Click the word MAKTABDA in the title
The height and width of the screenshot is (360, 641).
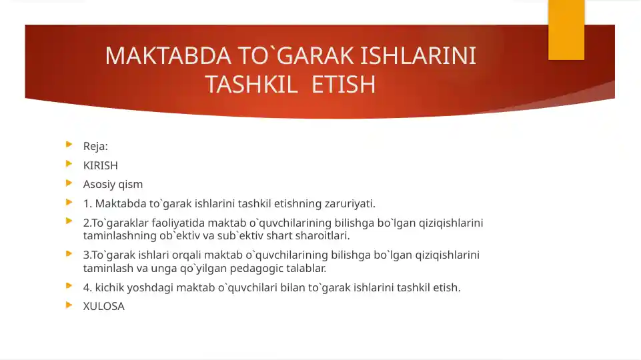(168, 55)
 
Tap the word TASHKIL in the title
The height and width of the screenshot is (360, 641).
(251, 84)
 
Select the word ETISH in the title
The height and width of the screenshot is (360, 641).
(344, 84)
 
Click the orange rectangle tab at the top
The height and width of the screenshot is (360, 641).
(566, 30)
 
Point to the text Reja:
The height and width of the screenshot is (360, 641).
(95, 146)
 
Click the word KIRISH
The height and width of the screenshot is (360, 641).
(101, 165)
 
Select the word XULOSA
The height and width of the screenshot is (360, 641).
(104, 307)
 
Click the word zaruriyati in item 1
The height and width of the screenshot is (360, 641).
(350, 203)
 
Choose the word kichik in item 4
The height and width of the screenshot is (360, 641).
(109, 288)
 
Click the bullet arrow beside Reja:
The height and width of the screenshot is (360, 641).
(69, 144)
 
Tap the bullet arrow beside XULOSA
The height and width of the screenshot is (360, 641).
(69, 305)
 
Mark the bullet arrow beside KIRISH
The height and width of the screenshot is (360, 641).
(69, 164)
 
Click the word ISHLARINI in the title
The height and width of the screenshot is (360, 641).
(418, 55)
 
